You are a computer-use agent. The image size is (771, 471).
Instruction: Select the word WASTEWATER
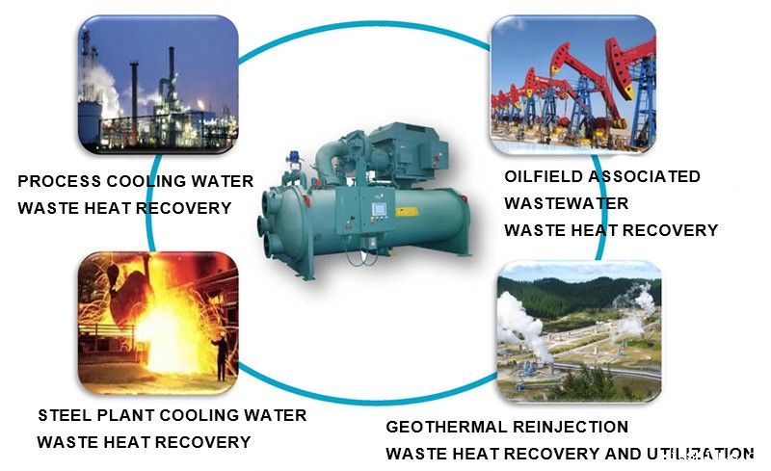pyautogui.click(x=567, y=203)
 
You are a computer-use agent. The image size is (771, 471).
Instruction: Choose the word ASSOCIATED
pyautogui.click(x=644, y=176)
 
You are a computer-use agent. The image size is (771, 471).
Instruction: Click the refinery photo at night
pyautogui.click(x=158, y=84)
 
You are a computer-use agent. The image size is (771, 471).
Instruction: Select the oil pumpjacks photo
pyautogui.click(x=573, y=84)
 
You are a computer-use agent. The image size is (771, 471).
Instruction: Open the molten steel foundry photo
pyautogui.click(x=158, y=323)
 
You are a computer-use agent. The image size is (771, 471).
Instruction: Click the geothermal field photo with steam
pyautogui.click(x=579, y=332)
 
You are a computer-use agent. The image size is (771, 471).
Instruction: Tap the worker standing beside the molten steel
pyautogui.click(x=221, y=355)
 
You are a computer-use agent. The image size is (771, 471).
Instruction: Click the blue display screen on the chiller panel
pyautogui.click(x=379, y=209)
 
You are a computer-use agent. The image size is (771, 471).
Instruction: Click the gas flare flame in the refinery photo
pyautogui.click(x=200, y=105)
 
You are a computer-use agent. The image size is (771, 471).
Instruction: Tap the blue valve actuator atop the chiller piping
pyautogui.click(x=295, y=157)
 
